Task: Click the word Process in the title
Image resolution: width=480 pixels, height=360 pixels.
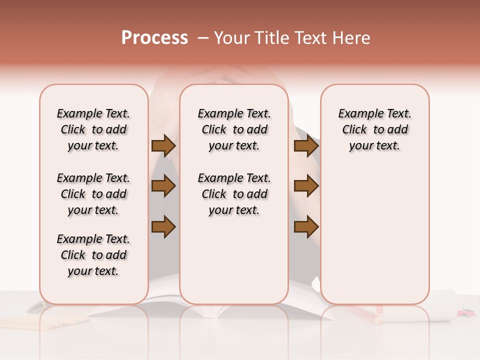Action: coord(154,37)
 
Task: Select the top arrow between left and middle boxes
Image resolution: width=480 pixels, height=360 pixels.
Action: coord(163,145)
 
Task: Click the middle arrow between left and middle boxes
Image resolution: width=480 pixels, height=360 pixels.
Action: coord(163,186)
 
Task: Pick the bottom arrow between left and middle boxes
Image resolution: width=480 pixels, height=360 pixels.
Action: coord(163,227)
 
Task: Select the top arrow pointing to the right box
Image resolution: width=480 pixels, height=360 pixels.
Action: coord(306,145)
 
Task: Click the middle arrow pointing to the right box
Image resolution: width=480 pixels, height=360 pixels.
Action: coord(306,186)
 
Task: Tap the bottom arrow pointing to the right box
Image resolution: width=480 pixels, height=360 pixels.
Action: coord(306,227)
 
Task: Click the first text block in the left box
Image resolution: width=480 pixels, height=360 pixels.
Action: coord(93,129)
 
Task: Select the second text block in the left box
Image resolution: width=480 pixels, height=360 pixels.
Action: coord(93,194)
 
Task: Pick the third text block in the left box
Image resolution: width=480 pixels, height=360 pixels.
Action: coord(93,255)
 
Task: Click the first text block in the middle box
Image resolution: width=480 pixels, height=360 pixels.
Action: coord(234,129)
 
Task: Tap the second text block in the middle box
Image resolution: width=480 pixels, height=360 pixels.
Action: coord(234,194)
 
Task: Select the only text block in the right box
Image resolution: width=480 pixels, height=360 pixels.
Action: coord(375,129)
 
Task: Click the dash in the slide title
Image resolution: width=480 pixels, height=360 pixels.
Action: coord(202,38)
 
